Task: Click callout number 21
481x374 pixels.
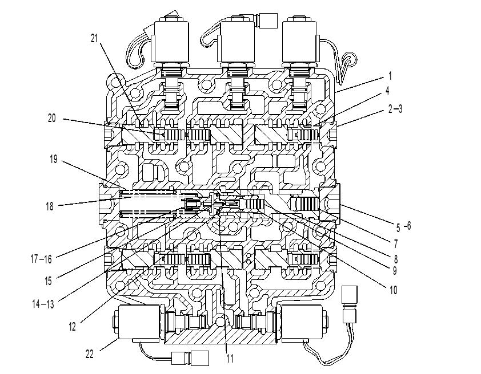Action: (94, 38)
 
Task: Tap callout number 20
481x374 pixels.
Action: (52, 118)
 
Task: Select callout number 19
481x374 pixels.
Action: (54, 159)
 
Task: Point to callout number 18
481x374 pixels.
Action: (50, 206)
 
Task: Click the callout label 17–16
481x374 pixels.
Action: (41, 259)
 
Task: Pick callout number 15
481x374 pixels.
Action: (48, 280)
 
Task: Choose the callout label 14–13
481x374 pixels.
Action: (43, 304)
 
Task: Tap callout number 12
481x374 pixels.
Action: (72, 327)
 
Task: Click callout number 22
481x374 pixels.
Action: (89, 354)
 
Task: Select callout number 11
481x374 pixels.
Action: (230, 359)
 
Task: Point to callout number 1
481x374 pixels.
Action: (390, 76)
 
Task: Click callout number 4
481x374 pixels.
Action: (387, 91)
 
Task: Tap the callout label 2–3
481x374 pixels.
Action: (395, 109)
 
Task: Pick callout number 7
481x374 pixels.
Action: (396, 244)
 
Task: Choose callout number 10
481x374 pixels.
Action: (393, 290)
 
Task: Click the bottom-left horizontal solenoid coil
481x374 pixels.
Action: (139, 323)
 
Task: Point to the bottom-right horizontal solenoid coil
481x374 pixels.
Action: (302, 323)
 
